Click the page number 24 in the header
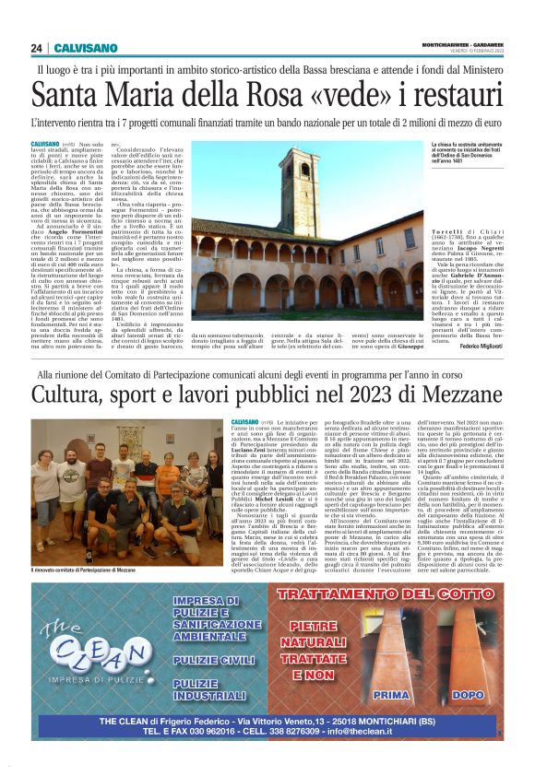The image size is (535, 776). pos(37,48)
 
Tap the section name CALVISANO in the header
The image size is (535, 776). pos(85,48)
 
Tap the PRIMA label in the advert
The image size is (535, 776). pos(391,694)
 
